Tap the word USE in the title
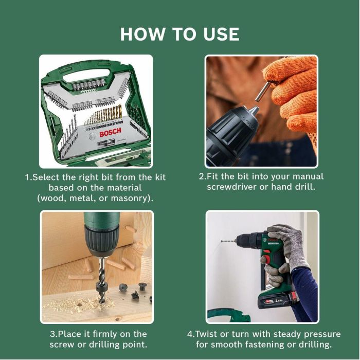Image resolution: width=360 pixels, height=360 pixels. click(x=218, y=34)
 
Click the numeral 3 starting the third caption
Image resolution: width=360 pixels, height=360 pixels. click(x=52, y=334)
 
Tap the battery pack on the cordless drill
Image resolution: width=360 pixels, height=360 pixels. click(x=278, y=300)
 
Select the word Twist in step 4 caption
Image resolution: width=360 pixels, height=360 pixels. click(x=210, y=334)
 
